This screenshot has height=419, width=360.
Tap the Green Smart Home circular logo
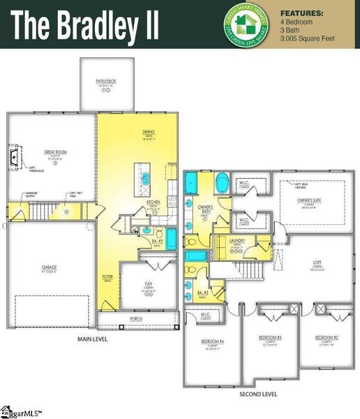(246, 26)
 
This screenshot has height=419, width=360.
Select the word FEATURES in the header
(301, 13)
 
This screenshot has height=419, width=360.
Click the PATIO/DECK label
(105, 82)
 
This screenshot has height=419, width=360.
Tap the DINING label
(149, 131)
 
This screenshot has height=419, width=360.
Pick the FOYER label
(107, 277)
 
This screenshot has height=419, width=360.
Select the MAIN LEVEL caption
(91, 339)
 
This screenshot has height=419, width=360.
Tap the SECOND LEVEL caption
(258, 395)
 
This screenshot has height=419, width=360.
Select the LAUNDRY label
(237, 241)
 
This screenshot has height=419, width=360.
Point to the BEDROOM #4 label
(211, 341)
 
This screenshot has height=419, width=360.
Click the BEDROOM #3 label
(270, 337)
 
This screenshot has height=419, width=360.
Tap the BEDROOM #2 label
(326, 337)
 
